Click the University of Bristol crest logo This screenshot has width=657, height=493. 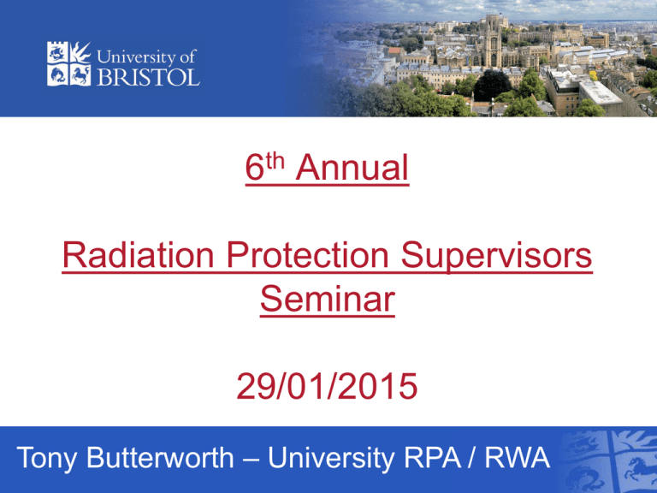coord(65,63)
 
